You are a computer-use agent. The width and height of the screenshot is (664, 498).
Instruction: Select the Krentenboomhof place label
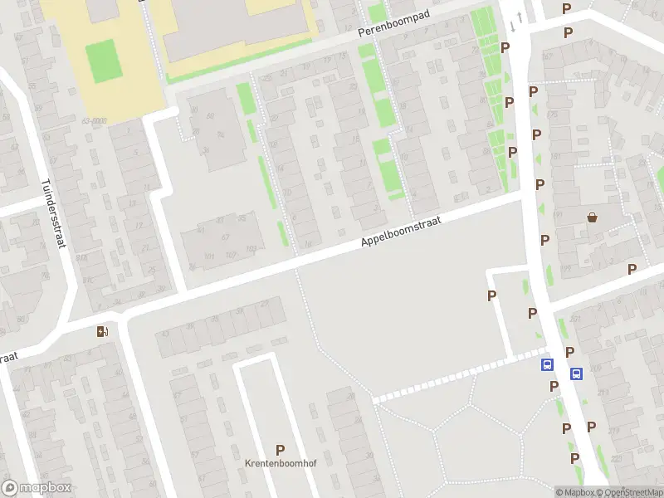[x=280, y=462]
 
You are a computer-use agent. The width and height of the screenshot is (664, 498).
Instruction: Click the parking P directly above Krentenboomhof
[x=280, y=450]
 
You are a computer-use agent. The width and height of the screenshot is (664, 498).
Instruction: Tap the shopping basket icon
[x=593, y=217]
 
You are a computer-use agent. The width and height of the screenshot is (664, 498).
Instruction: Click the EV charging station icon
[x=102, y=332]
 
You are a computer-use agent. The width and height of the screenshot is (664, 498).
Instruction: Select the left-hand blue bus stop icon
[x=547, y=364]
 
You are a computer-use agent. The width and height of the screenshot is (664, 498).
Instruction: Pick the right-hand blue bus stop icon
[x=576, y=373]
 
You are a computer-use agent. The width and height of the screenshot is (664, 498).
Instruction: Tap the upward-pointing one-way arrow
[x=520, y=17]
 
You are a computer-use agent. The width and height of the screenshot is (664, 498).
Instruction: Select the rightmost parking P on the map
[x=632, y=269]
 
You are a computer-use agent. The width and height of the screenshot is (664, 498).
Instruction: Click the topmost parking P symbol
[x=567, y=8]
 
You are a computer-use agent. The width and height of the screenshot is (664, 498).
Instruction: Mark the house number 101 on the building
[x=209, y=256]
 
